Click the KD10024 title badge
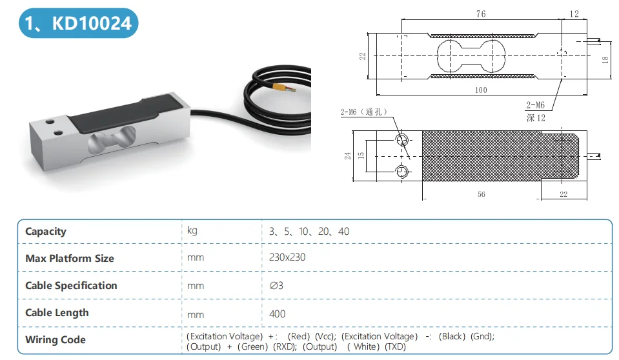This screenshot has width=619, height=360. [77, 24]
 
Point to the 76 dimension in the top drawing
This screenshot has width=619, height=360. [482, 14]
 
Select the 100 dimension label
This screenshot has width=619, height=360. [481, 90]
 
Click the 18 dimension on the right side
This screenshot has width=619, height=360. [605, 59]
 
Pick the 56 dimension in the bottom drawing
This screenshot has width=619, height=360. [482, 194]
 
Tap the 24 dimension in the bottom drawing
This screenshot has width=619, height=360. [347, 155]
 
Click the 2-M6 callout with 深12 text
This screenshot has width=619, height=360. [536, 111]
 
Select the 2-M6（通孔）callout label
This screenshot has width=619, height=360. [364, 112]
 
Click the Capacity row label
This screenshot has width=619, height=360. [46, 232]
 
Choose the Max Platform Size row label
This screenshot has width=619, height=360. [70, 259]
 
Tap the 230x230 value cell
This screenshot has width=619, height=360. [287, 257]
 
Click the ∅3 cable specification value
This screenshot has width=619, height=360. [276, 285]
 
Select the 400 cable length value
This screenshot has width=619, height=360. [277, 314]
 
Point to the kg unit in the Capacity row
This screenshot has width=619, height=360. [192, 230]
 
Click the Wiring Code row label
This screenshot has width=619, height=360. [56, 340]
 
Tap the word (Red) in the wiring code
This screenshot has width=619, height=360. [299, 336]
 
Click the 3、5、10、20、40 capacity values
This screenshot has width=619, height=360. [309, 231]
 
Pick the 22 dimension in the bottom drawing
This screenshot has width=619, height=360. [563, 194]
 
